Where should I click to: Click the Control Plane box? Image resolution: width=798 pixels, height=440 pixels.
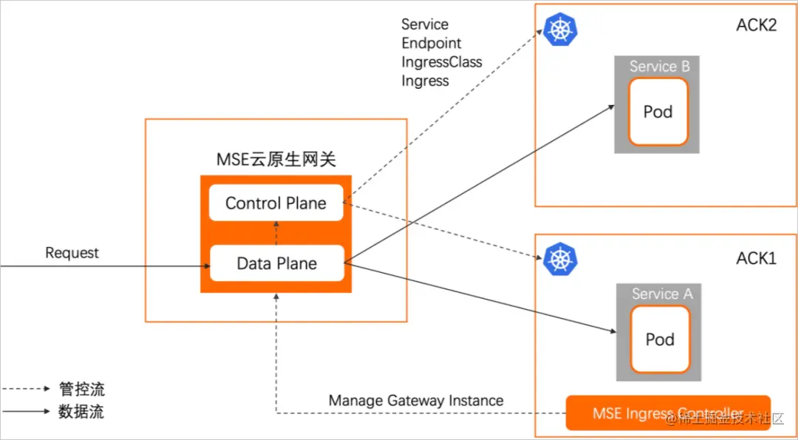(276, 203)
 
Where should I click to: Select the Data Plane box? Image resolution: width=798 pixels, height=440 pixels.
(276, 263)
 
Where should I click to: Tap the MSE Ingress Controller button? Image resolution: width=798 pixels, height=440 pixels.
(667, 413)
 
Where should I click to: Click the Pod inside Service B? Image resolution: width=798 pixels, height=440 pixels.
(658, 112)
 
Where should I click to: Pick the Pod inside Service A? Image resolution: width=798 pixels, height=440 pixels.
(659, 339)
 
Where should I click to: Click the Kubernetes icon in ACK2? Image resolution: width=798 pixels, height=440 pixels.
(560, 29)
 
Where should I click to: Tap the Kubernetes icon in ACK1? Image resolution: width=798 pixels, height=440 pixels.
(560, 259)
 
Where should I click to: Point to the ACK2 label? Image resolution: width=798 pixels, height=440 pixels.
(757, 26)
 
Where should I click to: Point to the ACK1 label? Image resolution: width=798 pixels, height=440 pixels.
(757, 259)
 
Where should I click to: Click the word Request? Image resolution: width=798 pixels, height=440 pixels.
(72, 253)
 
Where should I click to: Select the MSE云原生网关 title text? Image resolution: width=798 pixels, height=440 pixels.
(276, 158)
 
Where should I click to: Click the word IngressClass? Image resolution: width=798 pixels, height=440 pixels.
(441, 62)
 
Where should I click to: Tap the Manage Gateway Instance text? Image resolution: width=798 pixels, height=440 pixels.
(416, 401)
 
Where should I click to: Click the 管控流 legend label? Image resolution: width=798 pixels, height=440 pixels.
(81, 389)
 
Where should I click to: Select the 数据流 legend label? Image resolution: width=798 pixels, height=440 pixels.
(81, 412)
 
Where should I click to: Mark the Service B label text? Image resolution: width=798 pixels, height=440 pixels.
(659, 67)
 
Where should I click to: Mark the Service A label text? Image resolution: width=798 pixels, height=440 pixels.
(662, 294)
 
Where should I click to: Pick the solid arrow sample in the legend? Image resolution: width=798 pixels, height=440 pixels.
(25, 412)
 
